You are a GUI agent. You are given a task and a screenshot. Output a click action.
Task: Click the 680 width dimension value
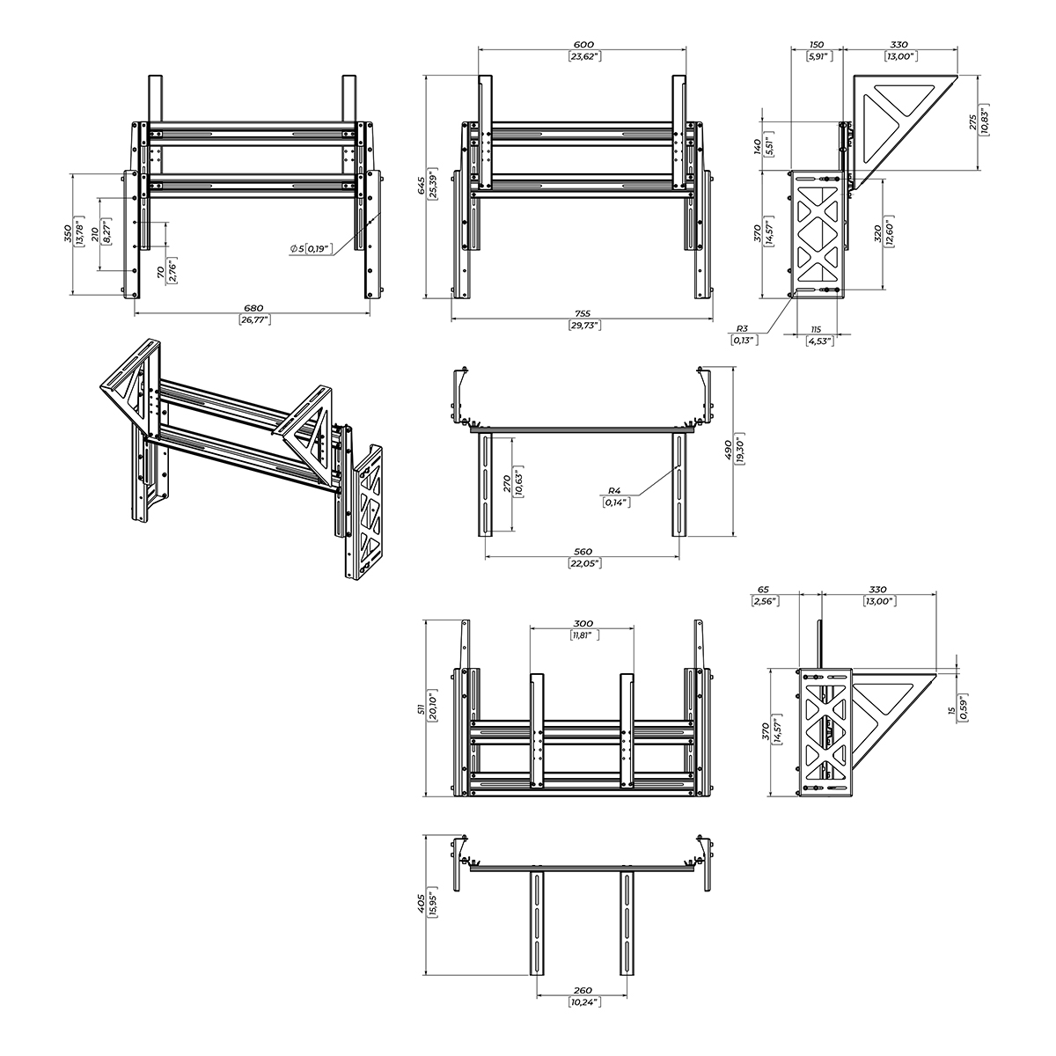tap(253, 308)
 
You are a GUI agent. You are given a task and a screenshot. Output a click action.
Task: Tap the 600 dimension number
tap(583, 44)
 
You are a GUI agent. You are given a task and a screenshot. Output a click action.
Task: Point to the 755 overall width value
tap(583, 313)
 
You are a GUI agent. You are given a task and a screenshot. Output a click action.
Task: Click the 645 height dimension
tap(421, 186)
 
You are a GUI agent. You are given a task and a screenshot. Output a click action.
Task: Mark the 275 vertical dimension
tap(972, 121)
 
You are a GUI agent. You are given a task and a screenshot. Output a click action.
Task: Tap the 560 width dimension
tap(583, 552)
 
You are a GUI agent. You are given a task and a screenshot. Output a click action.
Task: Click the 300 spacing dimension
tap(583, 622)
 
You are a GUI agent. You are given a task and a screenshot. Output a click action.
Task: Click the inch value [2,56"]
tap(762, 601)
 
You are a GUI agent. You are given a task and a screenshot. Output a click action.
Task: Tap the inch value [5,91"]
tap(818, 56)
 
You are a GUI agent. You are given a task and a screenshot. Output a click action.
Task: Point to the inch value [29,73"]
tap(583, 325)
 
